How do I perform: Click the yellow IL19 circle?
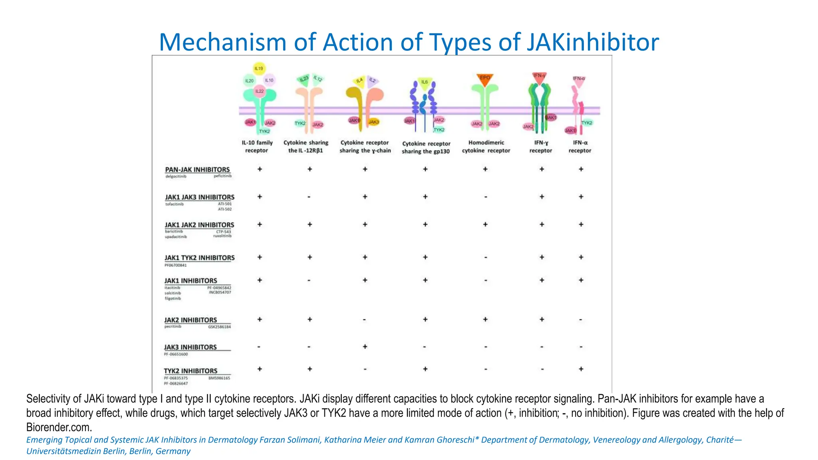[x=259, y=68]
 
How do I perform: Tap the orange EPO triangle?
[x=484, y=78]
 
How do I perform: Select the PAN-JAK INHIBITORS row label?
[x=197, y=170]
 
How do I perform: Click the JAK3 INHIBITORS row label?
[x=191, y=347]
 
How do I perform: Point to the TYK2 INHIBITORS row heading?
[x=191, y=371]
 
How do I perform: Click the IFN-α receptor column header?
[x=580, y=147]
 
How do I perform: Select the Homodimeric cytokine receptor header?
[x=486, y=147]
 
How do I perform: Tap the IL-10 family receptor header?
[x=257, y=147]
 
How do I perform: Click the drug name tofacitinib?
[x=175, y=204]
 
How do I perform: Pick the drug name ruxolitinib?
[x=222, y=236]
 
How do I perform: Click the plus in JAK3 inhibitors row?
[x=365, y=347]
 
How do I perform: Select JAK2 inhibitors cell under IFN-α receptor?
[x=581, y=319]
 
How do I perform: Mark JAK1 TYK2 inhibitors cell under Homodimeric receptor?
[x=485, y=258]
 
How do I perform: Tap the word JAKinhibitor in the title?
[x=592, y=42]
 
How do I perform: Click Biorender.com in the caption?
[x=59, y=427]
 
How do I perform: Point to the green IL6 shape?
[x=424, y=82]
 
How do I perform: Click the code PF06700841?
[x=175, y=265]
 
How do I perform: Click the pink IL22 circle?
[x=260, y=91]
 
